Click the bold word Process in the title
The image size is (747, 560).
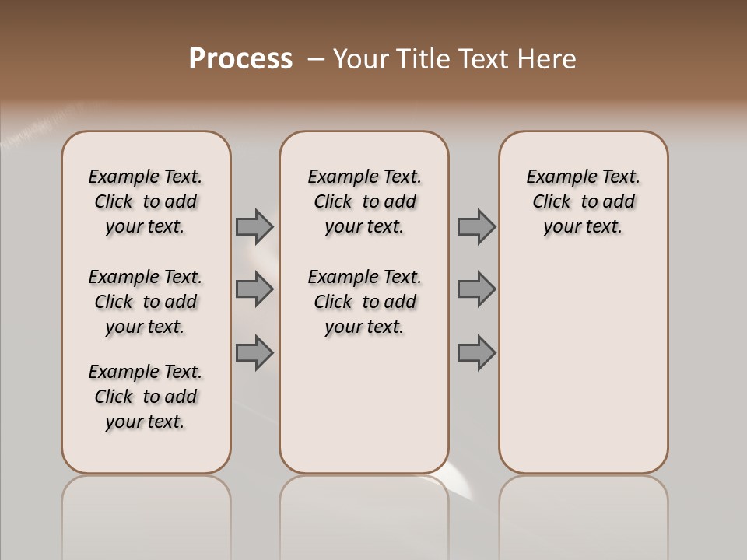pyautogui.click(x=240, y=59)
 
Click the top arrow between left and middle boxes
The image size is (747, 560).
pyautogui.click(x=254, y=227)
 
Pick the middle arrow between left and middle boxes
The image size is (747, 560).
pyautogui.click(x=254, y=290)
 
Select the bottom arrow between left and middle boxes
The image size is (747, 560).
pyautogui.click(x=254, y=353)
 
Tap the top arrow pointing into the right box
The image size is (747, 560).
pyautogui.click(x=476, y=227)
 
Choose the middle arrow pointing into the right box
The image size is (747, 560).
pyautogui.click(x=476, y=290)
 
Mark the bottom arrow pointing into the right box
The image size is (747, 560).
pyautogui.click(x=476, y=353)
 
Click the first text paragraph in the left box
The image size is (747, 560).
pyautogui.click(x=146, y=201)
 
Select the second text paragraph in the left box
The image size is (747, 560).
pyautogui.click(x=146, y=302)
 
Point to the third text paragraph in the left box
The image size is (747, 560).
pyautogui.click(x=146, y=397)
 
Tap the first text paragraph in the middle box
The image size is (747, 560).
pyautogui.click(x=364, y=201)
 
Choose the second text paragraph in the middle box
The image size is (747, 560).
pyautogui.click(x=364, y=302)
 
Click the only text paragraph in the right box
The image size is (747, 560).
pyautogui.click(x=583, y=201)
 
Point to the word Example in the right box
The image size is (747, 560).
pyautogui.click(x=555, y=177)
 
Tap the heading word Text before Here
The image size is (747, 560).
pyautogui.click(x=483, y=59)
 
